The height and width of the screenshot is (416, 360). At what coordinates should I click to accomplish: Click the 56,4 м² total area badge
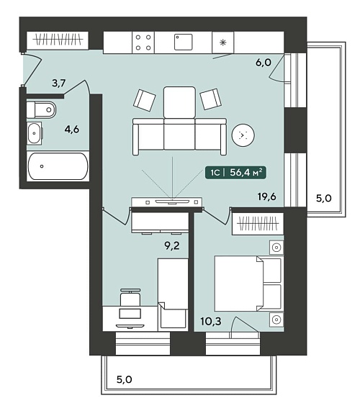[x=235, y=173]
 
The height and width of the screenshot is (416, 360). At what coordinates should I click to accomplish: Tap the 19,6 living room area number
[x=267, y=196]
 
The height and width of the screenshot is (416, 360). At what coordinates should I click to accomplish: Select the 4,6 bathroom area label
[x=72, y=130]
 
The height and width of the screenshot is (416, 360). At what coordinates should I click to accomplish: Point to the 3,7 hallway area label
[x=58, y=83]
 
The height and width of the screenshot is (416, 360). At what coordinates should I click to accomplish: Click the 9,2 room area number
[x=172, y=245]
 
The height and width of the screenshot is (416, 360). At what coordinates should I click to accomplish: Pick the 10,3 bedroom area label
[x=211, y=322]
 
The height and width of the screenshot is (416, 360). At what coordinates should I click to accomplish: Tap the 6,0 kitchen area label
[x=264, y=63]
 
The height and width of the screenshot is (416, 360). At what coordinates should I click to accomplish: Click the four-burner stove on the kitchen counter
[x=143, y=42]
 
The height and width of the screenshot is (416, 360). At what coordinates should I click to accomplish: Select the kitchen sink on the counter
[x=183, y=42]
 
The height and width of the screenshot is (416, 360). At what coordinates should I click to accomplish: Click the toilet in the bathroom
[x=41, y=109]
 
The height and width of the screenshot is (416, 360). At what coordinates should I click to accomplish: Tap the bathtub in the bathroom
[x=58, y=166]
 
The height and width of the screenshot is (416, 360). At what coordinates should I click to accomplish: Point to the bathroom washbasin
[x=35, y=133]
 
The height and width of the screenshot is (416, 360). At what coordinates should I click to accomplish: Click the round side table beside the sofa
[x=243, y=135]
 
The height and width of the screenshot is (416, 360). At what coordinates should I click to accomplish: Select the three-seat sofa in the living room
[x=179, y=137]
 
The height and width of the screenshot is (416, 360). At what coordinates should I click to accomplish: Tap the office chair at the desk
[x=130, y=297]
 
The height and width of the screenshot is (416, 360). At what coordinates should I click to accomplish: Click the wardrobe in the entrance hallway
[x=58, y=40]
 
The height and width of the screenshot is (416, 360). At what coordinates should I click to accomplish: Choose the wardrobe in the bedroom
[x=258, y=223]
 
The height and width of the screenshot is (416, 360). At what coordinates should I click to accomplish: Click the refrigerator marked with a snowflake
[x=223, y=42]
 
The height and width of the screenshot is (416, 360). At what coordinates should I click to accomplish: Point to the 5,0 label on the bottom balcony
[x=125, y=379]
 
